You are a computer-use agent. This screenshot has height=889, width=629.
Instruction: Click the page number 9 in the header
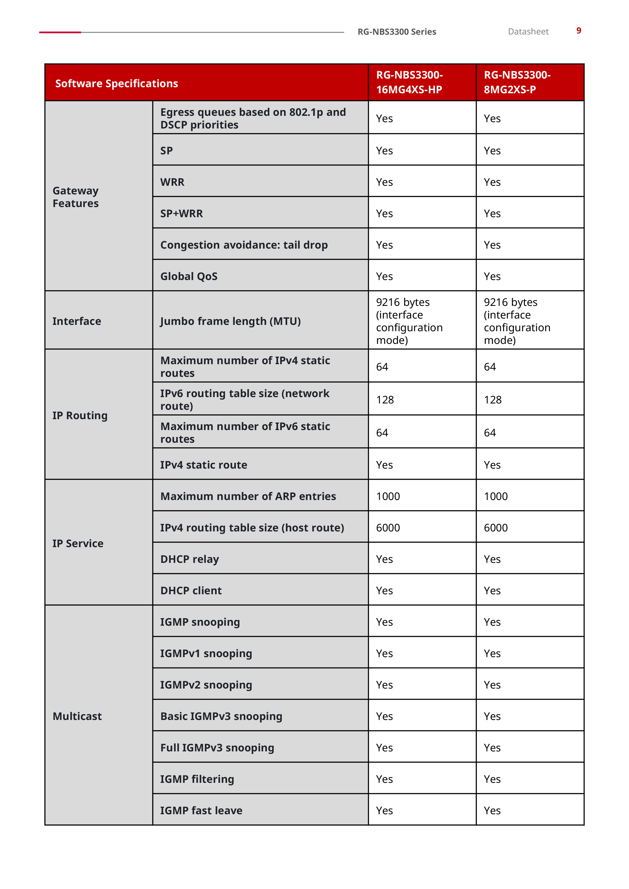pyautogui.click(x=578, y=31)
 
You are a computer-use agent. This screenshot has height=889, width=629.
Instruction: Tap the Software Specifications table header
pyautogui.click(x=117, y=84)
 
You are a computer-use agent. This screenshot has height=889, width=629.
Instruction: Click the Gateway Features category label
pyautogui.click(x=76, y=197)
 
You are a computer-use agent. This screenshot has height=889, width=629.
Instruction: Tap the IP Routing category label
pyautogui.click(x=80, y=415)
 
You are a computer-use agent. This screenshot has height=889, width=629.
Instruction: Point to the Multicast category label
pyautogui.click(x=77, y=716)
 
